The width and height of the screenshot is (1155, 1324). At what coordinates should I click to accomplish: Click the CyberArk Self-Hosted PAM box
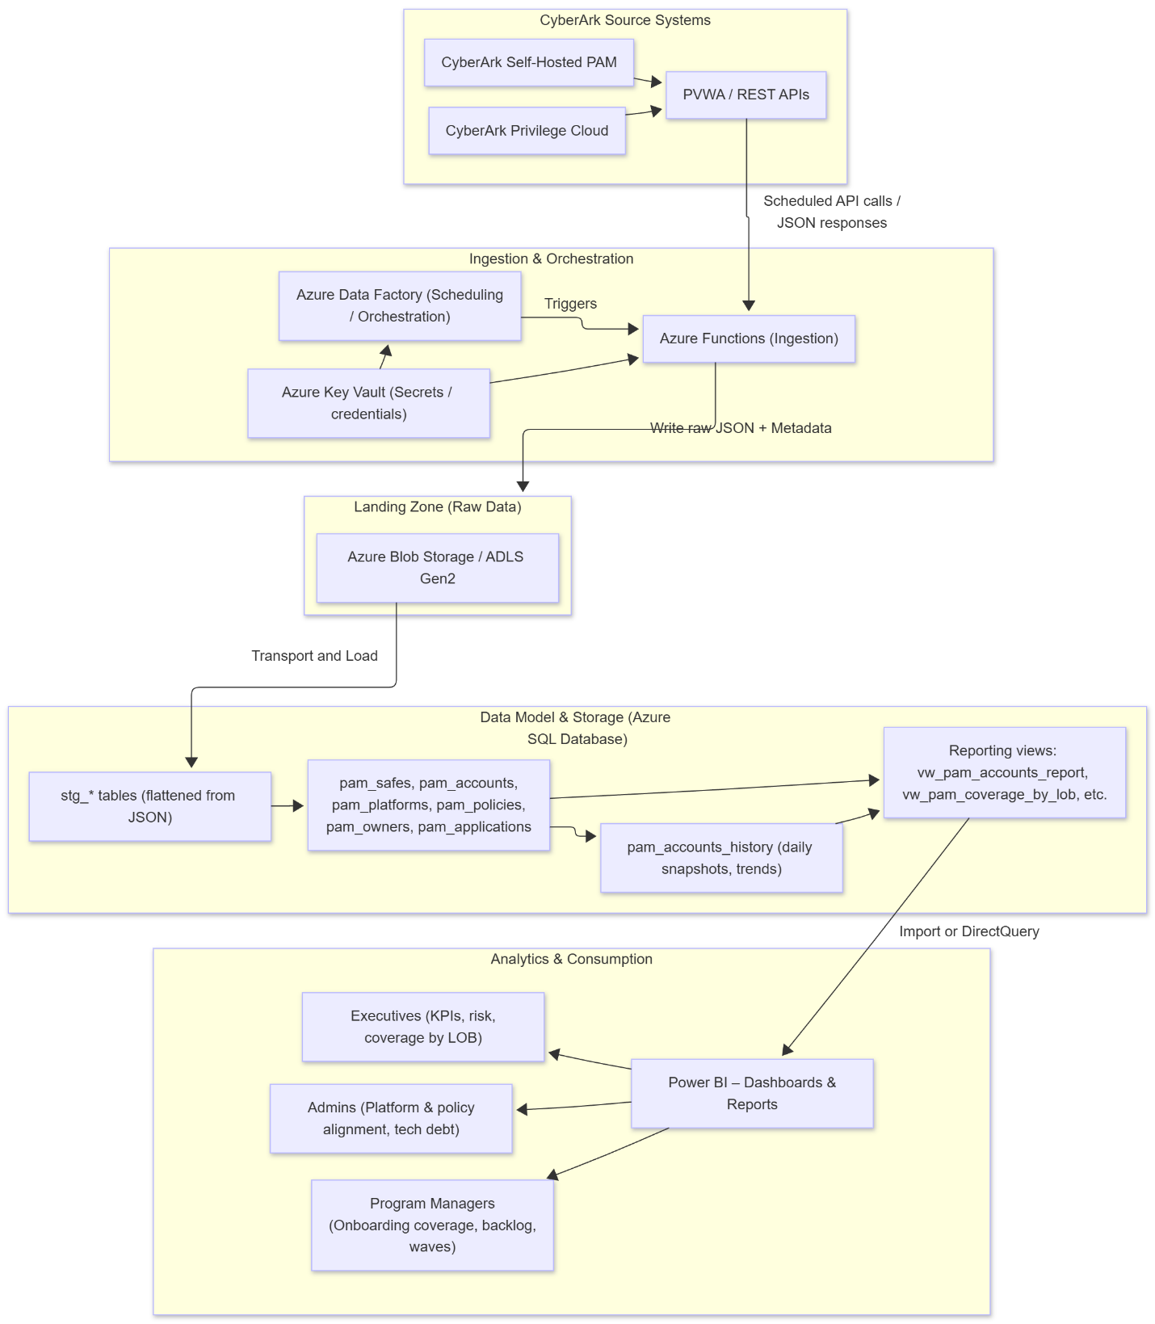coord(529,62)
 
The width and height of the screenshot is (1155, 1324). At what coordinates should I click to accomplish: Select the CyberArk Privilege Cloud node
coord(527,131)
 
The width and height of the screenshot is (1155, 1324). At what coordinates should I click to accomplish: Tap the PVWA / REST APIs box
coord(745,95)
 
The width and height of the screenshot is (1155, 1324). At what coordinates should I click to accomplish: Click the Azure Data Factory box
coord(400,306)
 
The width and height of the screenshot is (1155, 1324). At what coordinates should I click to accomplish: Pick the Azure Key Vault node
coord(368,403)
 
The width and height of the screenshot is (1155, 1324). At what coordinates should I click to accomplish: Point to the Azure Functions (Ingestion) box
coord(749,338)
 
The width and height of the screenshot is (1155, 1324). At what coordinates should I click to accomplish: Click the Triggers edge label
coord(570,304)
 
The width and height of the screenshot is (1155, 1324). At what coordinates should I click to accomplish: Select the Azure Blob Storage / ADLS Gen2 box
coord(437,568)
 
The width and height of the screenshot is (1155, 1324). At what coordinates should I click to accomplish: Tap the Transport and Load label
coord(314,656)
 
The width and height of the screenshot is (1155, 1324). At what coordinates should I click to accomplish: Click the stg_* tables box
coord(149,806)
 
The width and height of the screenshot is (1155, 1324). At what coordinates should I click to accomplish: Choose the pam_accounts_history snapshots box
coord(721,858)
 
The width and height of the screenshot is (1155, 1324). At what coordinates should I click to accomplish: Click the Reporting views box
coord(1004,772)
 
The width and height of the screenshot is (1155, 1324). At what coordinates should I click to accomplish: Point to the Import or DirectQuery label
coord(968,931)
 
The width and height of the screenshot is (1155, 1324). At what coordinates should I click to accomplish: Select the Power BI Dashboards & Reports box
coord(752,1093)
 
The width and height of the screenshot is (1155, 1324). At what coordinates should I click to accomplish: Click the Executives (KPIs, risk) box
coord(422,1027)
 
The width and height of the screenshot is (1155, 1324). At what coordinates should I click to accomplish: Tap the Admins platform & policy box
coord(391,1118)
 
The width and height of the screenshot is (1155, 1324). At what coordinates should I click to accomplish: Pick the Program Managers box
coord(432,1225)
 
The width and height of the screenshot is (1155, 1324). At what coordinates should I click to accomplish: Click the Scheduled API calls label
coord(831,212)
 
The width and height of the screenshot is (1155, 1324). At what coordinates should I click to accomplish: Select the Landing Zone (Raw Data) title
coord(437,507)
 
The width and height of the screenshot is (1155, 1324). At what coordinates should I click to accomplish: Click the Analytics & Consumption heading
coord(571,959)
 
